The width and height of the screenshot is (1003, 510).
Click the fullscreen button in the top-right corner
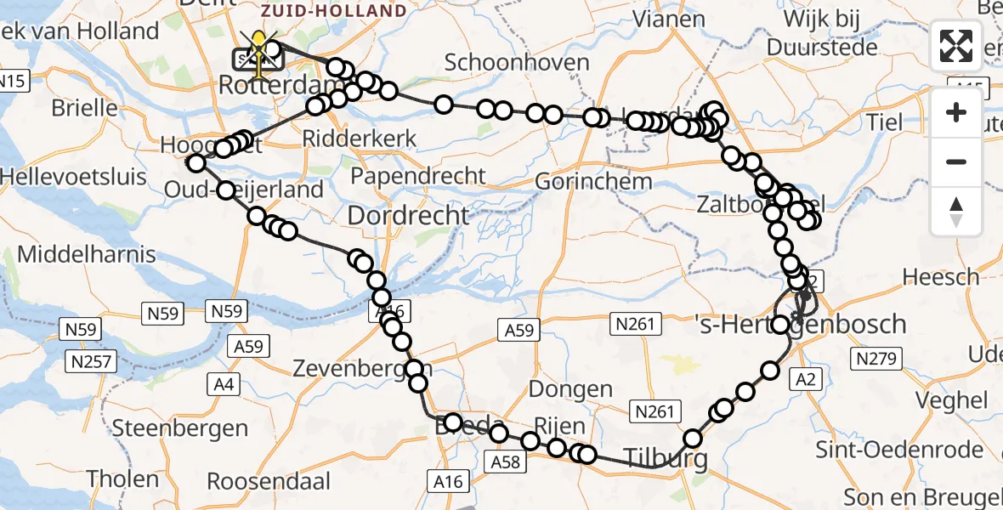coord(956,46)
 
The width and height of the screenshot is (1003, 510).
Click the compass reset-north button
coord(956,212)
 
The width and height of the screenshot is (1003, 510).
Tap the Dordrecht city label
coord(409,215)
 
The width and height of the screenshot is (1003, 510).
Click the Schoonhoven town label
coord(517,62)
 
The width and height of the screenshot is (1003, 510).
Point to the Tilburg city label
coord(666,459)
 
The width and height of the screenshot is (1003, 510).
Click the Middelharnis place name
coord(87,253)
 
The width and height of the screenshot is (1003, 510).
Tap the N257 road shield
coord(88,362)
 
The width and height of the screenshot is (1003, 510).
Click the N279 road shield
coord(876,359)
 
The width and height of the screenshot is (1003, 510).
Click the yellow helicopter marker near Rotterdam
coord(258,49)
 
